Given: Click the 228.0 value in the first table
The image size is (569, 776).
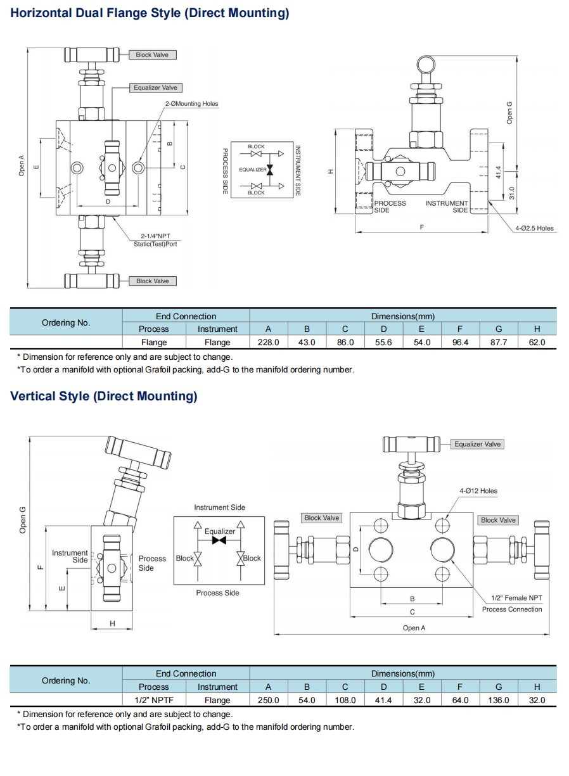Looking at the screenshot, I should [268, 342].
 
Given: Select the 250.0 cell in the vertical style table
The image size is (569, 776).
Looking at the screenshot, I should [268, 700].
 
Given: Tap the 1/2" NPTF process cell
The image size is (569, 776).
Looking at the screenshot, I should [154, 700].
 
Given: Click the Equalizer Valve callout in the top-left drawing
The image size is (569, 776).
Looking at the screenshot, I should [155, 87].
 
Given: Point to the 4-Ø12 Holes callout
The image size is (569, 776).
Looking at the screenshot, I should [478, 490].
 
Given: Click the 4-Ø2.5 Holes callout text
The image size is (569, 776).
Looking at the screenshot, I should [534, 228].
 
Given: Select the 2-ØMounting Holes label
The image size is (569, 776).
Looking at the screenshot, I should [191, 104].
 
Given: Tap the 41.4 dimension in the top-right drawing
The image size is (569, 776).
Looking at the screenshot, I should [499, 172].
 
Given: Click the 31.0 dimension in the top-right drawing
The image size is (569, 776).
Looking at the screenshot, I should [512, 193].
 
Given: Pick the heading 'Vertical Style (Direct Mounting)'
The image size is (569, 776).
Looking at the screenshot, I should [104, 397].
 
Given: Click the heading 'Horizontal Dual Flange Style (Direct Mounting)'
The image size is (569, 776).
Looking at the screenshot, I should [150, 13].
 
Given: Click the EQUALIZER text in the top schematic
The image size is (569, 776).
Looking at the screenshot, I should [252, 170].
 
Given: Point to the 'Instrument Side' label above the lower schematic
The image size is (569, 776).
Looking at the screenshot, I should [219, 507].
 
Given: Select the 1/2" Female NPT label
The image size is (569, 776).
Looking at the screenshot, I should [517, 598].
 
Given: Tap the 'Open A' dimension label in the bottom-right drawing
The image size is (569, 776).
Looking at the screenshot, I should [414, 628].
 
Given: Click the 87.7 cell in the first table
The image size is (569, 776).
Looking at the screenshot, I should [499, 342].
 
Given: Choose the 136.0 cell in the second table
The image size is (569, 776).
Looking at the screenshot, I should [499, 700].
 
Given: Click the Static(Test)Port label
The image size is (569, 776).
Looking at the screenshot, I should [155, 244].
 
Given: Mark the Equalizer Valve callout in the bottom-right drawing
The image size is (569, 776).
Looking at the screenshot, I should [477, 444].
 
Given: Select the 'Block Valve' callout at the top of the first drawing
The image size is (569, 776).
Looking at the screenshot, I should [152, 55].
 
